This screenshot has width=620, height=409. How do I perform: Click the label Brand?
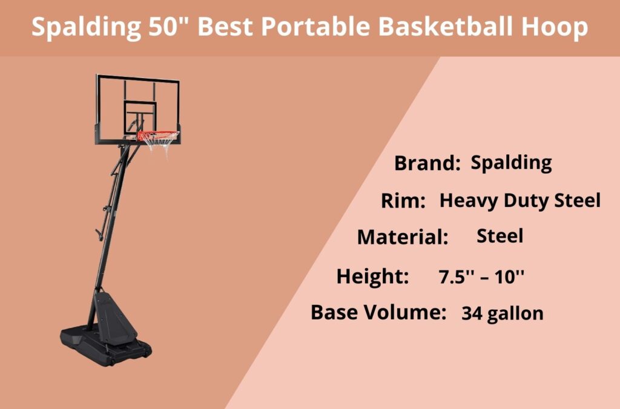pos(427,163)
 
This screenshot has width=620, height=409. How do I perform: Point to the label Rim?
pos(403,201)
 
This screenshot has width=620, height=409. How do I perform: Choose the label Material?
pos(403,237)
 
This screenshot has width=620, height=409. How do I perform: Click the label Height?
pos(373,276)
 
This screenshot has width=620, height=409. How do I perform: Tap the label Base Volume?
pos(379,312)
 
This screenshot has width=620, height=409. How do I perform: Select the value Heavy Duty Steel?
pos(520,200)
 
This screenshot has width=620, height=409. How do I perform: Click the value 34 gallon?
pos(503,313)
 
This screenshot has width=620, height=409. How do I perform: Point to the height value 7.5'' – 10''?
pos(481,277)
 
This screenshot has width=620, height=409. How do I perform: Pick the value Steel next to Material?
pos(500,235)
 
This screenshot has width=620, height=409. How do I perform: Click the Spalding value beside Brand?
pos(512,162)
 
